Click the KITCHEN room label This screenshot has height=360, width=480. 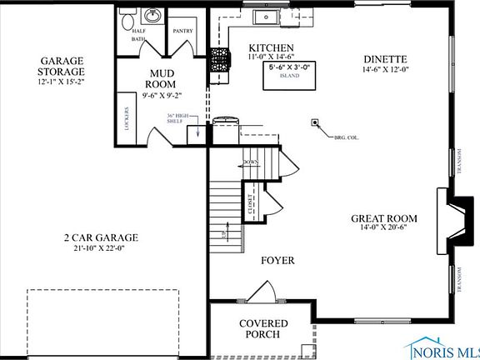coord(272,47)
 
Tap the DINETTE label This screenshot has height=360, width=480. coord(385,59)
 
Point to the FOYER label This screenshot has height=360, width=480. coord(277,261)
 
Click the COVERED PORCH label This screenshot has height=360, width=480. coord(263,328)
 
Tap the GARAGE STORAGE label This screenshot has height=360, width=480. coord(62,66)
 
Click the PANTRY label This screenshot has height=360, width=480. coord(182,30)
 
